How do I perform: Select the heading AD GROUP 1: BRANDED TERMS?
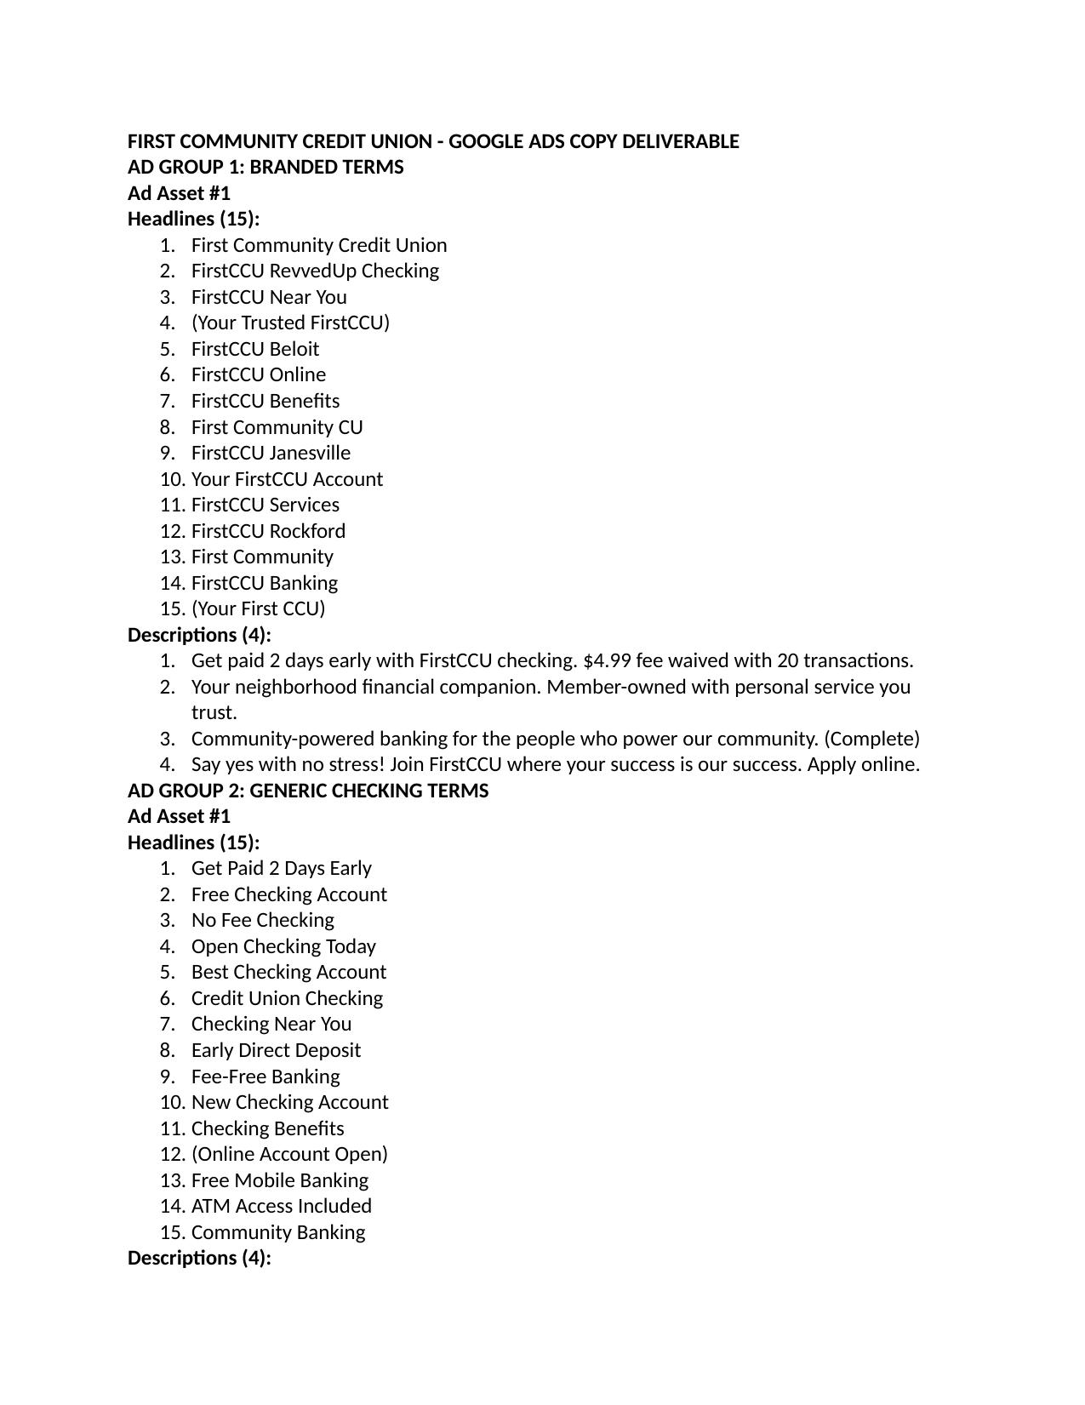[266, 167]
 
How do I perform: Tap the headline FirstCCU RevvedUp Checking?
[315, 271]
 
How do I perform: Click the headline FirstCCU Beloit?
[254, 349]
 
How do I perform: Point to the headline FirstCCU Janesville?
[271, 453]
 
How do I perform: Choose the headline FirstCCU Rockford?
[268, 531]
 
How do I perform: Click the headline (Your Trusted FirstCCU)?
[290, 323]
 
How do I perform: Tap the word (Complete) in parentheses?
[871, 739]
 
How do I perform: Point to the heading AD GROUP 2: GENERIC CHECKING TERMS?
[308, 791]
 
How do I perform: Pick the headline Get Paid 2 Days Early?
[281, 868]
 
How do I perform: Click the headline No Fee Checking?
[262, 920]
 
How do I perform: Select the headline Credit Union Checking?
[287, 998]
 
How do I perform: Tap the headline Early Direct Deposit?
[276, 1050]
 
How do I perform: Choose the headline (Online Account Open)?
[289, 1154]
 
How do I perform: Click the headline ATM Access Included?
[281, 1206]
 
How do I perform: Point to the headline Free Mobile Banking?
[279, 1180]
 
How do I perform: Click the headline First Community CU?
[277, 427]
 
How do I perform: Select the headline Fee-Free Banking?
[265, 1077]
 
